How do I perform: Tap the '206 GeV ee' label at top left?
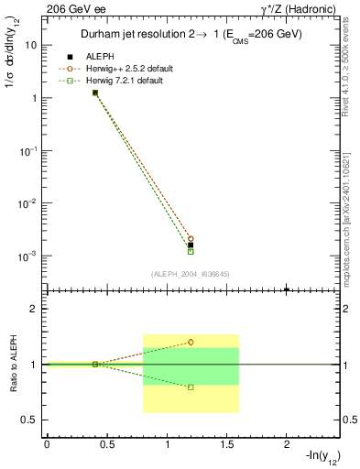[71, 8]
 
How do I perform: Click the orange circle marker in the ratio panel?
[191, 342]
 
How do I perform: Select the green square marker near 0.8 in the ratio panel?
[191, 387]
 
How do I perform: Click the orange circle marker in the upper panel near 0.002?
[191, 238]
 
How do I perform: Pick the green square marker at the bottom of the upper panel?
[191, 251]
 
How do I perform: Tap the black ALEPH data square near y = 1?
[95, 93]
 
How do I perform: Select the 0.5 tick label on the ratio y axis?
[30, 420]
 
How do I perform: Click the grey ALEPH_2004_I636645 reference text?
[191, 274]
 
